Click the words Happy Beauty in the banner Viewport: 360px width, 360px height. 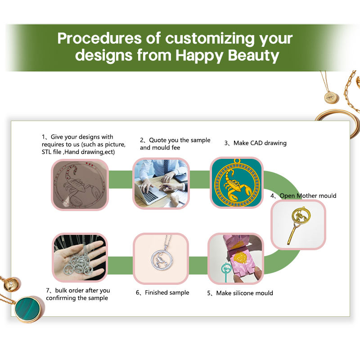coord(227,55)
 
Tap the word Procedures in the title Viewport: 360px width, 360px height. coord(99,38)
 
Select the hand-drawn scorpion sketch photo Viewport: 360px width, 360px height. coord(80,185)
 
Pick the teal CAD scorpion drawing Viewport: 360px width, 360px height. coord(237,183)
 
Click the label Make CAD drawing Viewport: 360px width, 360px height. coord(260,143)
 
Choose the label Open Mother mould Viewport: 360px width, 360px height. coord(308,196)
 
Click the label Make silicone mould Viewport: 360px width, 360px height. coord(244,293)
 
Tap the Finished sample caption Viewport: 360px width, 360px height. coord(167,292)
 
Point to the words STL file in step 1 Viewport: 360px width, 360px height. coord(52,152)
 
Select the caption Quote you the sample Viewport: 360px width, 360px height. coord(180,140)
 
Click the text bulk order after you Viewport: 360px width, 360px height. coord(82,290)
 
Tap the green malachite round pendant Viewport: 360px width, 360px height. coord(28,309)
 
